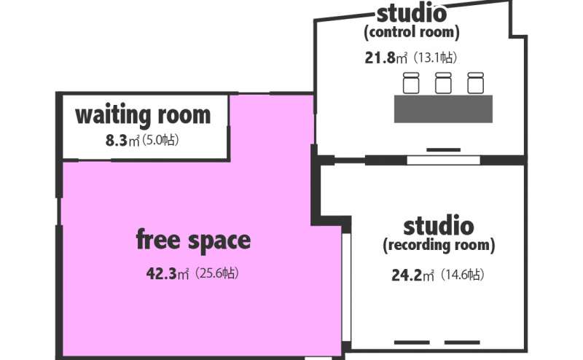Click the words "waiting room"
143,115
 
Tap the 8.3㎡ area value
122,141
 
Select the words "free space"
193,240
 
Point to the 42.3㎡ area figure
168,274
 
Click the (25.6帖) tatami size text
216,273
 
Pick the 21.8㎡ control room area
386,58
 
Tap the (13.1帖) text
434,58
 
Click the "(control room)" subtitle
412,32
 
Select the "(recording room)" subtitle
439,246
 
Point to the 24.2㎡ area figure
412,275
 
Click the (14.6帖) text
462,275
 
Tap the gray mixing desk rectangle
443,109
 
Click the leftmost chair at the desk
411,83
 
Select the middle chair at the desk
443,83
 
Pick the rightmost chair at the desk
476,83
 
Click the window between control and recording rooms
443,160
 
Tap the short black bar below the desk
443,150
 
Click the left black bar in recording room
412,343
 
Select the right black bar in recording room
462,343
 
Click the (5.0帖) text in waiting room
160,140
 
